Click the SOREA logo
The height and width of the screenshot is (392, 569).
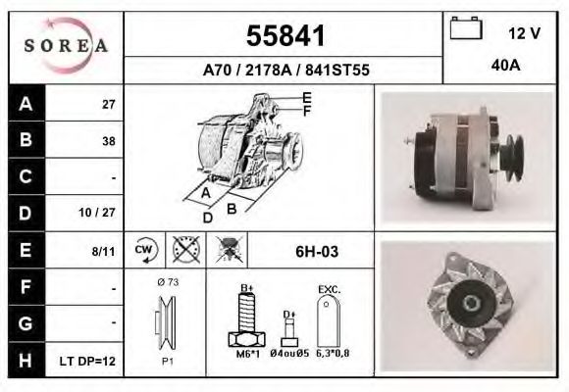click(x=66, y=46)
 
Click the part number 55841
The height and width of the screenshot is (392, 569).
click(x=284, y=36)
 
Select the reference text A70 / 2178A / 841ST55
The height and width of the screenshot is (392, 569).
click(x=284, y=71)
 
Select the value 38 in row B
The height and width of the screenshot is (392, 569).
click(x=108, y=140)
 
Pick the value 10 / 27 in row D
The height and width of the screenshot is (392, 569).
click(x=101, y=212)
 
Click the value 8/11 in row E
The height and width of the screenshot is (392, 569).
click(x=103, y=251)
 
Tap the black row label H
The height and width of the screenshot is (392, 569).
click(x=26, y=361)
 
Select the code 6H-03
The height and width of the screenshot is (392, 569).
click(x=316, y=252)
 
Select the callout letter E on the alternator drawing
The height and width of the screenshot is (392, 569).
click(x=306, y=97)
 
